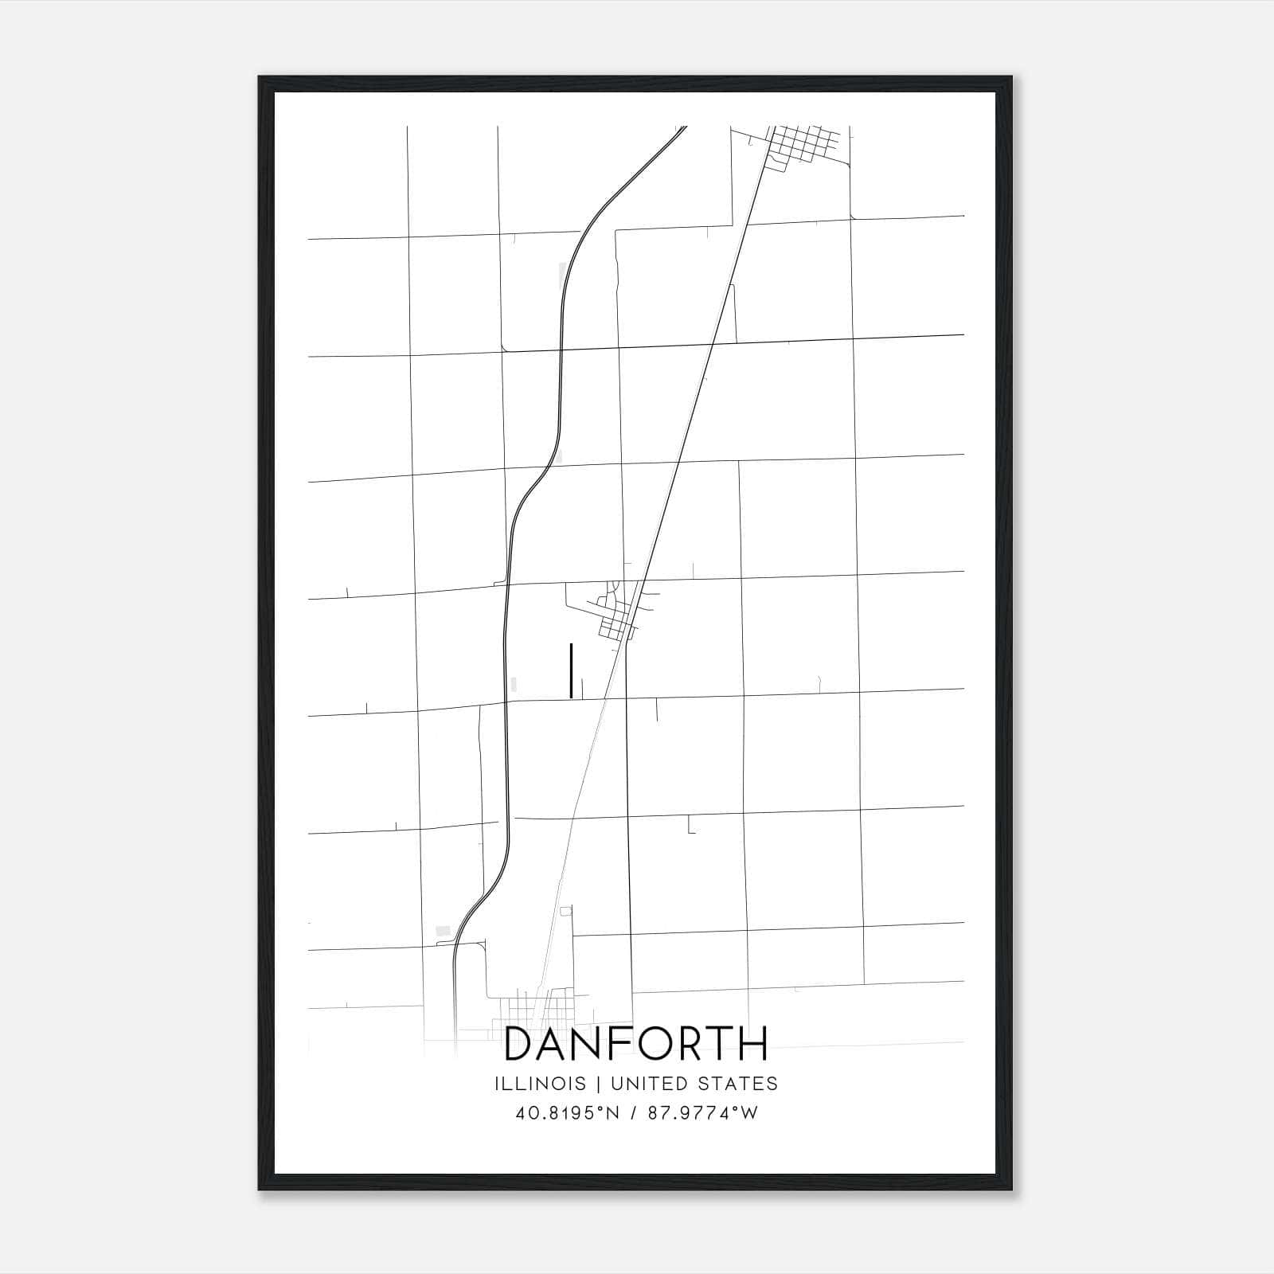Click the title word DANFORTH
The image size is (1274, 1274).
[x=636, y=1043]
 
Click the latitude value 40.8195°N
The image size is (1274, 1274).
[x=567, y=1113]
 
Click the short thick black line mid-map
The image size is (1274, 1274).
[x=572, y=670]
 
